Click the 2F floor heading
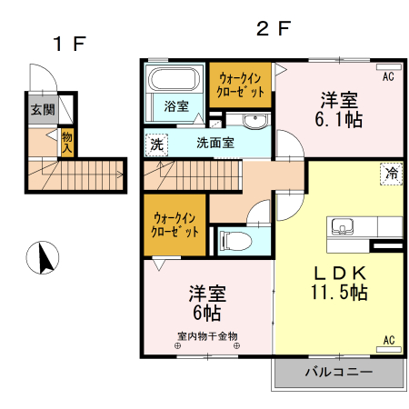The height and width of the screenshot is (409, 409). pyautogui.click(x=274, y=28)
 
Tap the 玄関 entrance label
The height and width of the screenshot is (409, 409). pyautogui.click(x=41, y=110)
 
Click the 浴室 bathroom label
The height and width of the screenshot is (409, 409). pyautogui.click(x=176, y=106)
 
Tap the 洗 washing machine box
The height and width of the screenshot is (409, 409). pyautogui.click(x=157, y=143)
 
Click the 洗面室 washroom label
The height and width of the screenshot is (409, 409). pyautogui.click(x=215, y=143)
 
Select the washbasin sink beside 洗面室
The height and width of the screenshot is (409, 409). pyautogui.click(x=254, y=122)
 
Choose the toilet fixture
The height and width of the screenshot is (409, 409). pyautogui.click(x=232, y=241)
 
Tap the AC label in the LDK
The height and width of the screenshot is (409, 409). pyautogui.click(x=388, y=340)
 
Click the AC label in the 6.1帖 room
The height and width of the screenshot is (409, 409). pyautogui.click(x=388, y=77)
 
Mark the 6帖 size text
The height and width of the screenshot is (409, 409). pyautogui.click(x=206, y=314)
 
